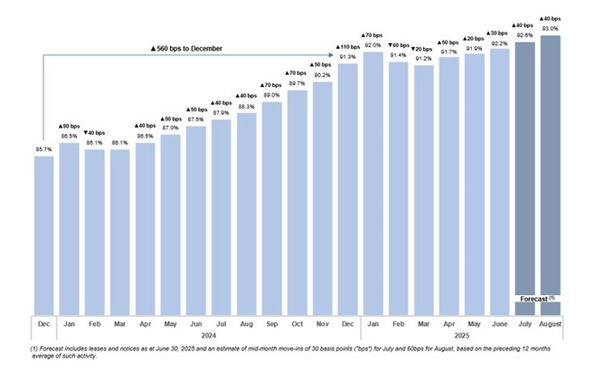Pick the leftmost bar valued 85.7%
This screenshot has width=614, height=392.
44,235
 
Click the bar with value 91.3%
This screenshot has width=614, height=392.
347,190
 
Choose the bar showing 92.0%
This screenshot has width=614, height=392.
373,181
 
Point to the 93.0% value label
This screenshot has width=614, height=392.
550,29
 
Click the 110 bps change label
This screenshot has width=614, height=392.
347,46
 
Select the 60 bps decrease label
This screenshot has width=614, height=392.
398,45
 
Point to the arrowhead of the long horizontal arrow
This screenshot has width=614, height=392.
329,54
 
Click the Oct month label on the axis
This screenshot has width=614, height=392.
297,322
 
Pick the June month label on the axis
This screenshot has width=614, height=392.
499,322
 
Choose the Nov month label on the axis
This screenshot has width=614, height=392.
322,322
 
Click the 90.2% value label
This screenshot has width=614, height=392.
322,75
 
